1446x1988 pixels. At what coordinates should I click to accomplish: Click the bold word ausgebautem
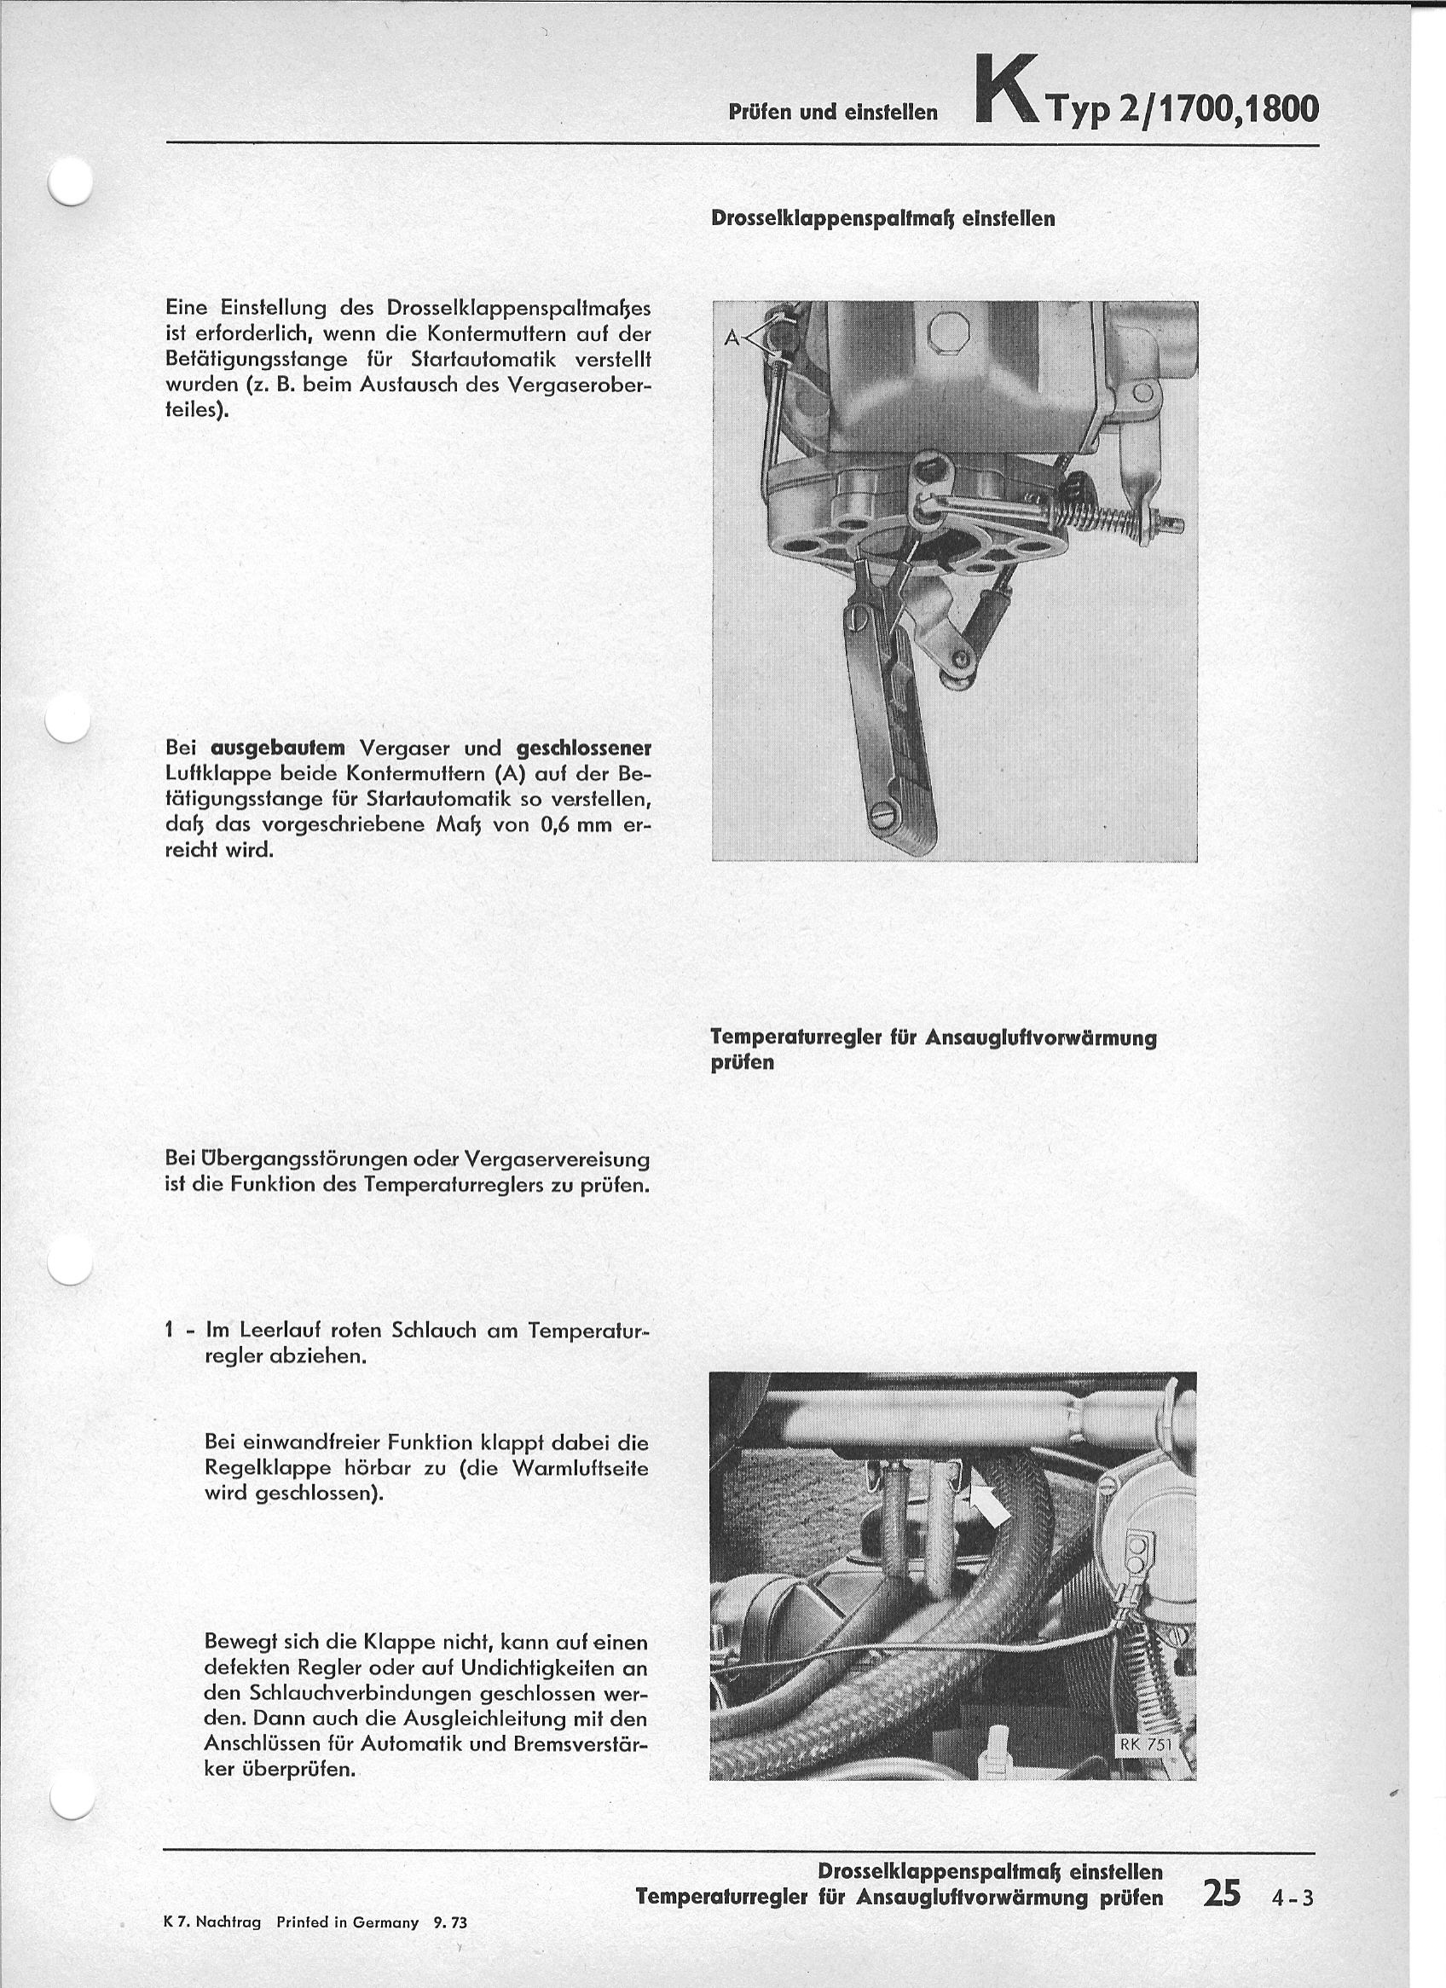point(278,748)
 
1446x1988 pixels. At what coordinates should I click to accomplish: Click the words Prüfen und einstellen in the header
point(833,113)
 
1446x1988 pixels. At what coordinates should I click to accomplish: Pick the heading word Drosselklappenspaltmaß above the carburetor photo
point(834,218)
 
